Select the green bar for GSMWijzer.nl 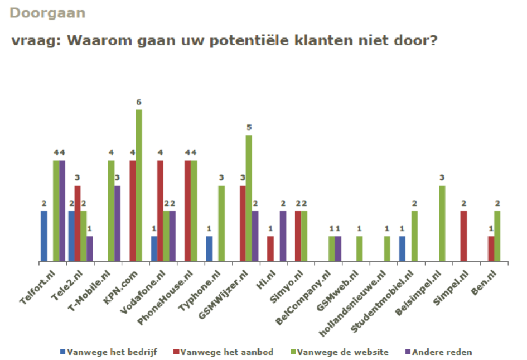[248, 198]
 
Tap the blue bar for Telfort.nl [44, 236]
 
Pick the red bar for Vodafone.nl [160, 211]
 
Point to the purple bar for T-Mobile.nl [117, 223]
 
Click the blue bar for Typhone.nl [209, 249]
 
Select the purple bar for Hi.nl [283, 236]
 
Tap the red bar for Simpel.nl [463, 236]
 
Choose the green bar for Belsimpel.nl [442, 223]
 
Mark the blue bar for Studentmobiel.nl [402, 249]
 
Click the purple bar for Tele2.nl [90, 249]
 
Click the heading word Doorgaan [47, 12]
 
